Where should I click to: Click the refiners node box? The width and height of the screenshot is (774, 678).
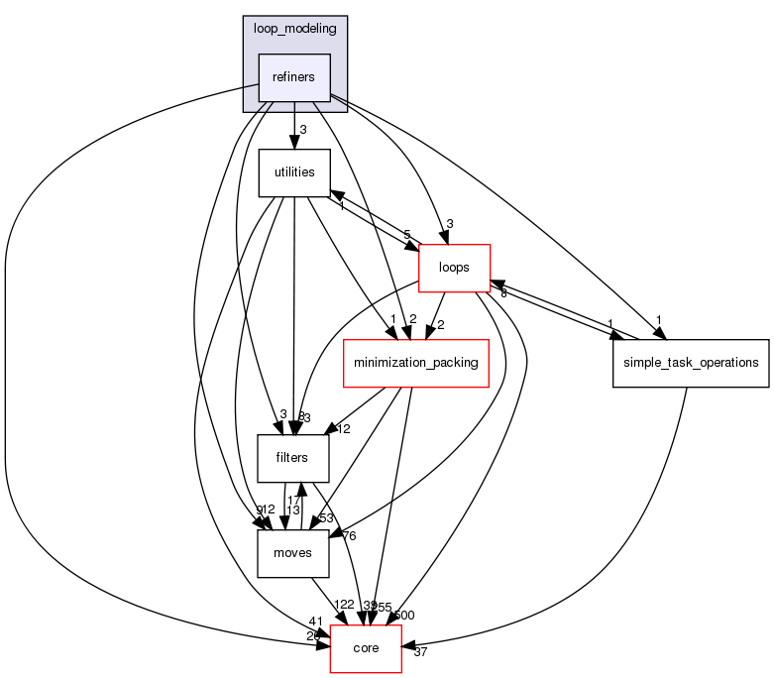(294, 78)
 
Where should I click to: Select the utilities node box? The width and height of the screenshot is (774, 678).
(294, 172)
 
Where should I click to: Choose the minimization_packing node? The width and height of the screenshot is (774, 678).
(415, 363)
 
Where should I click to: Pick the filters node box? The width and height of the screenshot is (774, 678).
(294, 458)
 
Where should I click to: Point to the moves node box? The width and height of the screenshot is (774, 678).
(294, 553)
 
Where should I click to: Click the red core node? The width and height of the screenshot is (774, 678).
(366, 648)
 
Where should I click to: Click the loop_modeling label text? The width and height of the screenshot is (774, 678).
(295, 29)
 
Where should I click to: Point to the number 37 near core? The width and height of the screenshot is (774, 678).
(419, 652)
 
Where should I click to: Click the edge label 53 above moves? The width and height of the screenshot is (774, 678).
(326, 517)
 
